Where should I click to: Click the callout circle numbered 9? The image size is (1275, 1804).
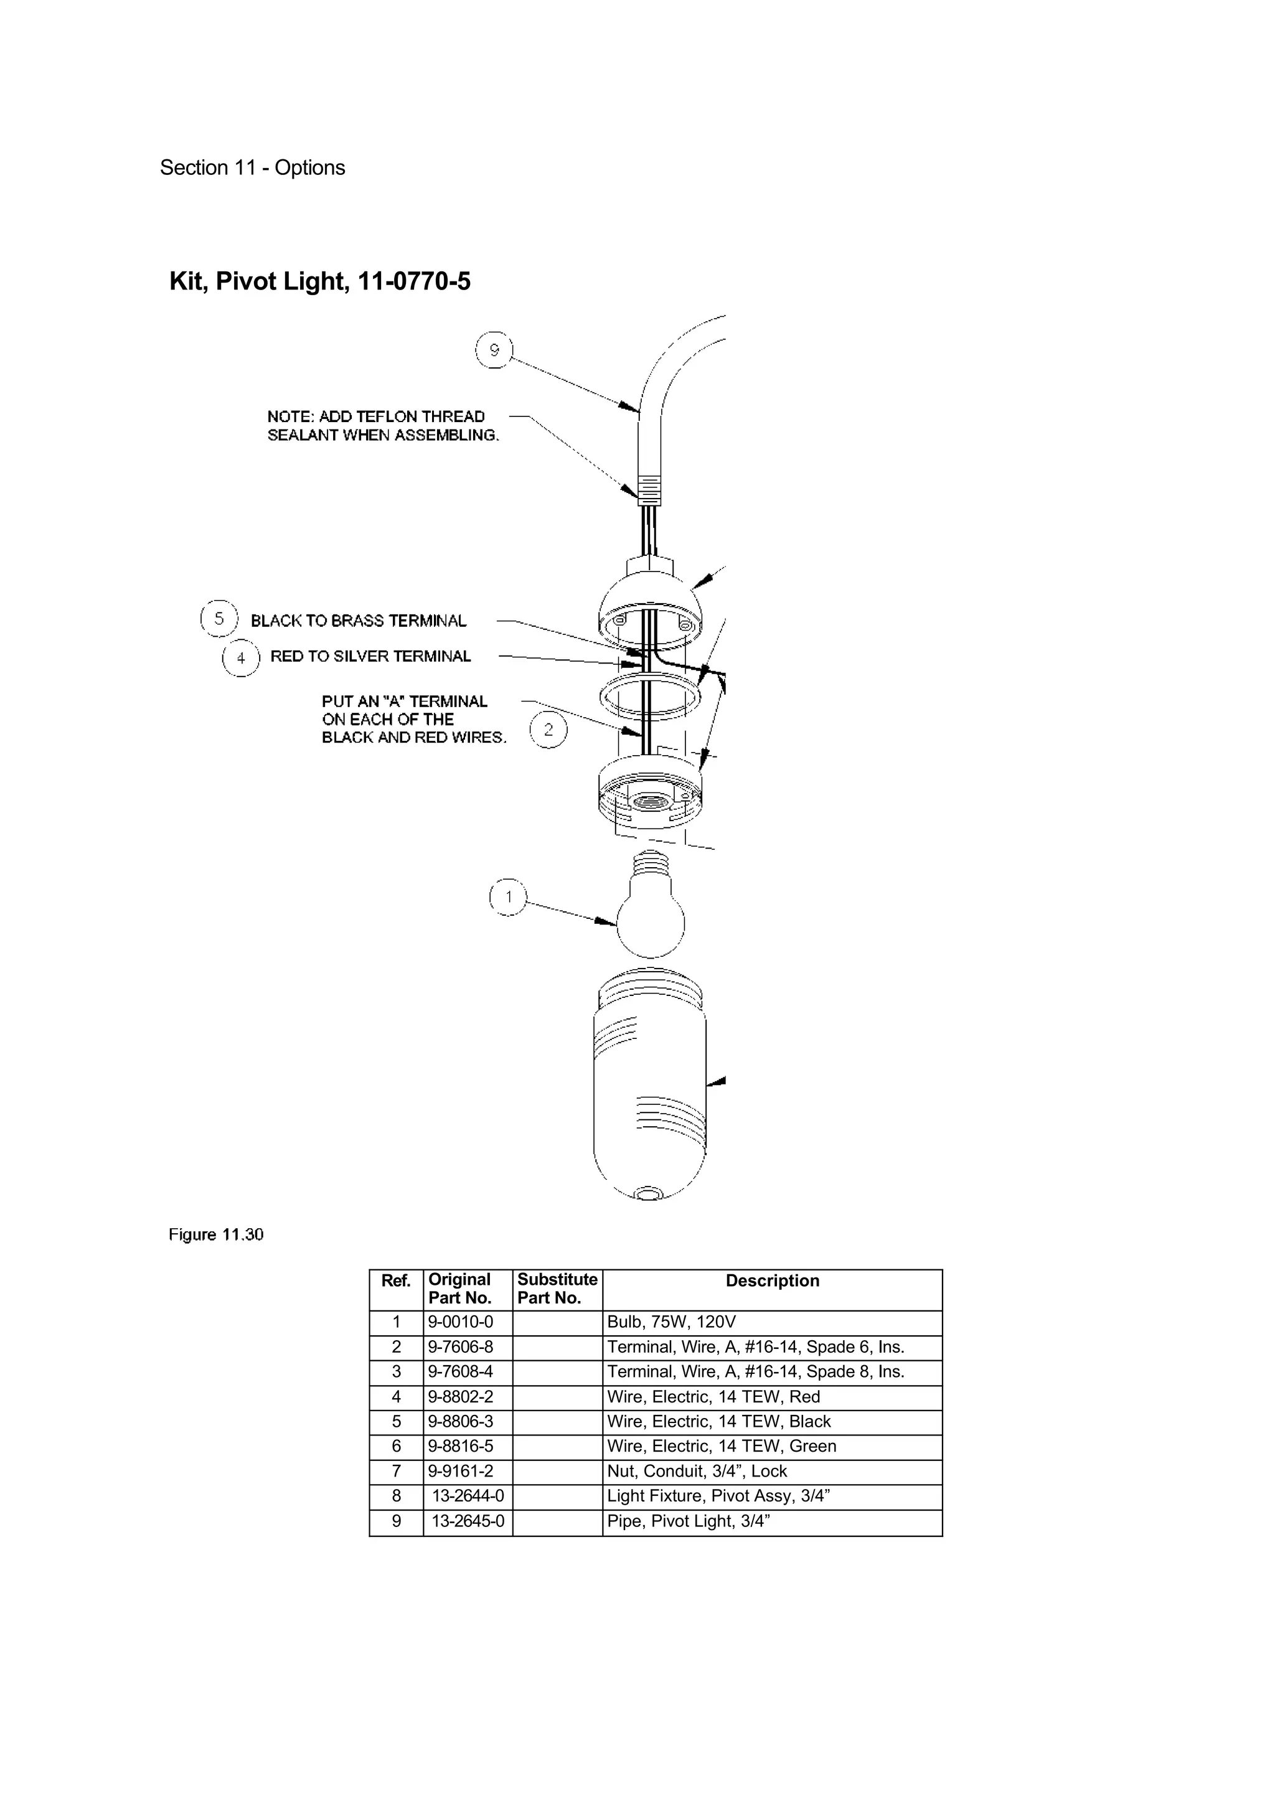tap(494, 350)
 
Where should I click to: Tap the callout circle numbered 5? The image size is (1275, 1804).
tap(219, 618)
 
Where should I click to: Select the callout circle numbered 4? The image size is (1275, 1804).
tap(240, 657)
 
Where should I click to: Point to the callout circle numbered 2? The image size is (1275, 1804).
tap(548, 729)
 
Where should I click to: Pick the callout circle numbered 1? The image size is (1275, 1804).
tap(508, 897)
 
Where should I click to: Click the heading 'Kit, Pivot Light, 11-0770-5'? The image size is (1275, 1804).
tap(320, 281)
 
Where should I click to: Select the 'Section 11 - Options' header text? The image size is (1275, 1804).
tap(252, 167)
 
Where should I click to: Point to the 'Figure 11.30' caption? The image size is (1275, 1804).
tap(216, 1234)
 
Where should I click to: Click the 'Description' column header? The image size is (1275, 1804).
tap(771, 1280)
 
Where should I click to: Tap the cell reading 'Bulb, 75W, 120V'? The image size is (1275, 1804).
tap(671, 1322)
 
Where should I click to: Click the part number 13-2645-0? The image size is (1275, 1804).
tap(468, 1521)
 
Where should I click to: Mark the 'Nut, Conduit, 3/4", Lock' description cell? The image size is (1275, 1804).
tap(697, 1472)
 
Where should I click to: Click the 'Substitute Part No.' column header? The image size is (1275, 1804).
tap(557, 1289)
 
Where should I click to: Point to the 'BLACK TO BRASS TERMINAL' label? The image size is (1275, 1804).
tap(358, 621)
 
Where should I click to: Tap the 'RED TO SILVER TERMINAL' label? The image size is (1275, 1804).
tap(370, 657)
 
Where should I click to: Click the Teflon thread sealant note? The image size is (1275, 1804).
tap(383, 426)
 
